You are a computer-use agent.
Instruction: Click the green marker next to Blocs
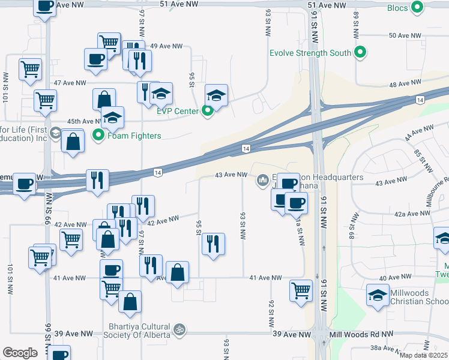click(417, 8)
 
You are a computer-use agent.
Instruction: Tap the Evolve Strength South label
click(310, 53)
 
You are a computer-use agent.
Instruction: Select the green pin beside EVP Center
click(208, 110)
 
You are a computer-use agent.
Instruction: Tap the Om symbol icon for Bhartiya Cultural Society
click(178, 329)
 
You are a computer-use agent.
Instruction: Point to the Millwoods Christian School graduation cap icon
click(378, 295)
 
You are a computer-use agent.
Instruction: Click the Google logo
click(20, 352)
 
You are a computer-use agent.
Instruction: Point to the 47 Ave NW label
click(70, 82)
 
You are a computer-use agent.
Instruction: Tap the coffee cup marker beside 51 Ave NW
click(44, 7)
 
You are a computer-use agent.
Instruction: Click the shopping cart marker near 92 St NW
click(301, 291)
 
